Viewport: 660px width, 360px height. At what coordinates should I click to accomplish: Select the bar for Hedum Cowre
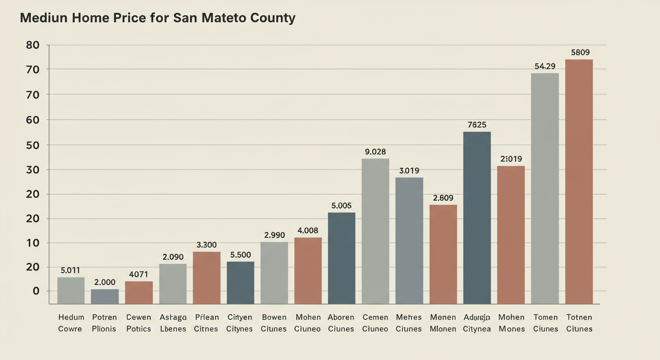[71, 291]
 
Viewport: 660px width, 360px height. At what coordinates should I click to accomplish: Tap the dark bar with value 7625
[477, 218]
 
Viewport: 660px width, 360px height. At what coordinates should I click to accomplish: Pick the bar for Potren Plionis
[105, 296]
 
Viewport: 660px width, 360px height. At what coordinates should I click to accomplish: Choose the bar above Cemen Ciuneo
[375, 231]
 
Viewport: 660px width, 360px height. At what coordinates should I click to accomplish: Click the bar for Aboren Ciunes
[341, 258]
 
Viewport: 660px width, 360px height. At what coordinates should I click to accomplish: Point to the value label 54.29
[545, 67]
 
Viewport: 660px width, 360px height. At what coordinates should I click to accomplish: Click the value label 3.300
[207, 245]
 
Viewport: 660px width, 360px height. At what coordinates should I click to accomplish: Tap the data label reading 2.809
[443, 198]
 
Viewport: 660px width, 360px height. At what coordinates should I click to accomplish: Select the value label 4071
[139, 275]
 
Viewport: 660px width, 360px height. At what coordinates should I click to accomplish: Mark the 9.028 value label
[375, 152]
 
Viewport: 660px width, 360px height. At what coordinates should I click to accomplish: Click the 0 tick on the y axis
[36, 291]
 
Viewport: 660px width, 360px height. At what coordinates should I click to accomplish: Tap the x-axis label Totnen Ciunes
[579, 323]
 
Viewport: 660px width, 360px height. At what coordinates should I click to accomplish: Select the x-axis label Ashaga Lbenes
[173, 323]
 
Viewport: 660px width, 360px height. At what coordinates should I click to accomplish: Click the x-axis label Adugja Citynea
[477, 323]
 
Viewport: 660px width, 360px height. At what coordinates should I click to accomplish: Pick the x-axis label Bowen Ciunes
[274, 323]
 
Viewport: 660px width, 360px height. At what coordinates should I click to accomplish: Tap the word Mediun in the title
[44, 18]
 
